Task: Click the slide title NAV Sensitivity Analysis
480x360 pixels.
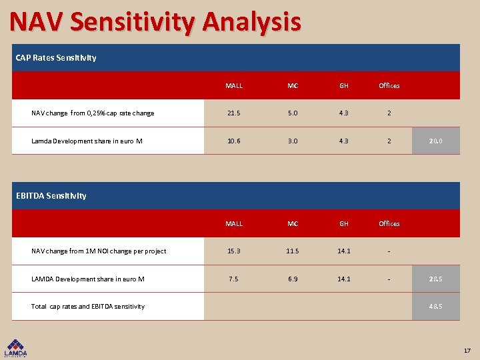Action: coord(155,23)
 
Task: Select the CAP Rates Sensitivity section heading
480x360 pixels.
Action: coord(56,58)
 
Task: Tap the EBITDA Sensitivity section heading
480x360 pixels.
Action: coord(61,196)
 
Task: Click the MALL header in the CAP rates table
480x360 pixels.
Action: coord(234,86)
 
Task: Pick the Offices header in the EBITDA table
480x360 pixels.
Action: coord(389,224)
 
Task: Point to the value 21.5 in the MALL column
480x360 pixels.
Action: coord(234,113)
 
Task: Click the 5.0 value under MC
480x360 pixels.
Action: coord(293,113)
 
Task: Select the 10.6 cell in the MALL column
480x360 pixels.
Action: coord(234,141)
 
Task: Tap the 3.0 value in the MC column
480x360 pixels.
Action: coord(293,141)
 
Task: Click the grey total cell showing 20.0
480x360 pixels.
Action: coord(436,141)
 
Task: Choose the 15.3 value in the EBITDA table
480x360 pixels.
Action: coord(234,251)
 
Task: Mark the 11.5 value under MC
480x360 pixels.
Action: coord(293,251)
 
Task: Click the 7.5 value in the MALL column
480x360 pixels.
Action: coord(234,279)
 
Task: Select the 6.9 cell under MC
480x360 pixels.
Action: coord(293,279)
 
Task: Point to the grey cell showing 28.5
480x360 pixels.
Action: coord(436,279)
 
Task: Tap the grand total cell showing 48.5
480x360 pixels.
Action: coord(436,307)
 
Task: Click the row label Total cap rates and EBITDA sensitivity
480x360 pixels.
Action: coord(88,307)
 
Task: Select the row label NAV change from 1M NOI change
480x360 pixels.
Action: coord(99,251)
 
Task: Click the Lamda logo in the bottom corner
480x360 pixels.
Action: coord(17,348)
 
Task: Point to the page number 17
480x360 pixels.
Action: coord(467,351)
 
